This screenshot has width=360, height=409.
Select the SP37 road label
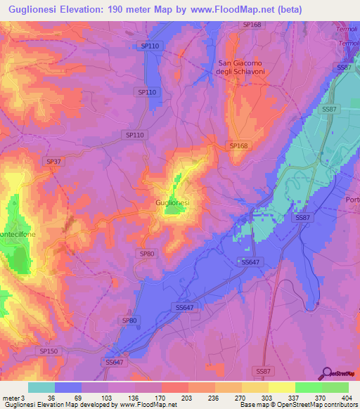pyautogui.click(x=53, y=161)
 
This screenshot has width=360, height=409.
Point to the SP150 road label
pyautogui.click(x=49, y=350)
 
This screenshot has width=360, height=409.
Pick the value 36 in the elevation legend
pyautogui.click(x=51, y=397)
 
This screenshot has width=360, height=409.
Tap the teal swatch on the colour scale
pyautogui.click(x=41, y=387)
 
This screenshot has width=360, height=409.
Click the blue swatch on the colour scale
pyautogui.click(x=68, y=387)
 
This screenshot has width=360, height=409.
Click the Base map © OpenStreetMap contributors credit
pyautogui.click(x=298, y=405)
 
